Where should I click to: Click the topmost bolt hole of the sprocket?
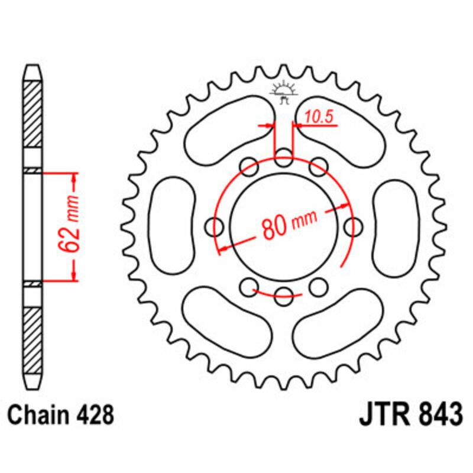284,158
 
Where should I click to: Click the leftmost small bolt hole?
216,226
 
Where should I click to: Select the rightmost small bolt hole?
354,226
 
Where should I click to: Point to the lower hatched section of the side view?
33,337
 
